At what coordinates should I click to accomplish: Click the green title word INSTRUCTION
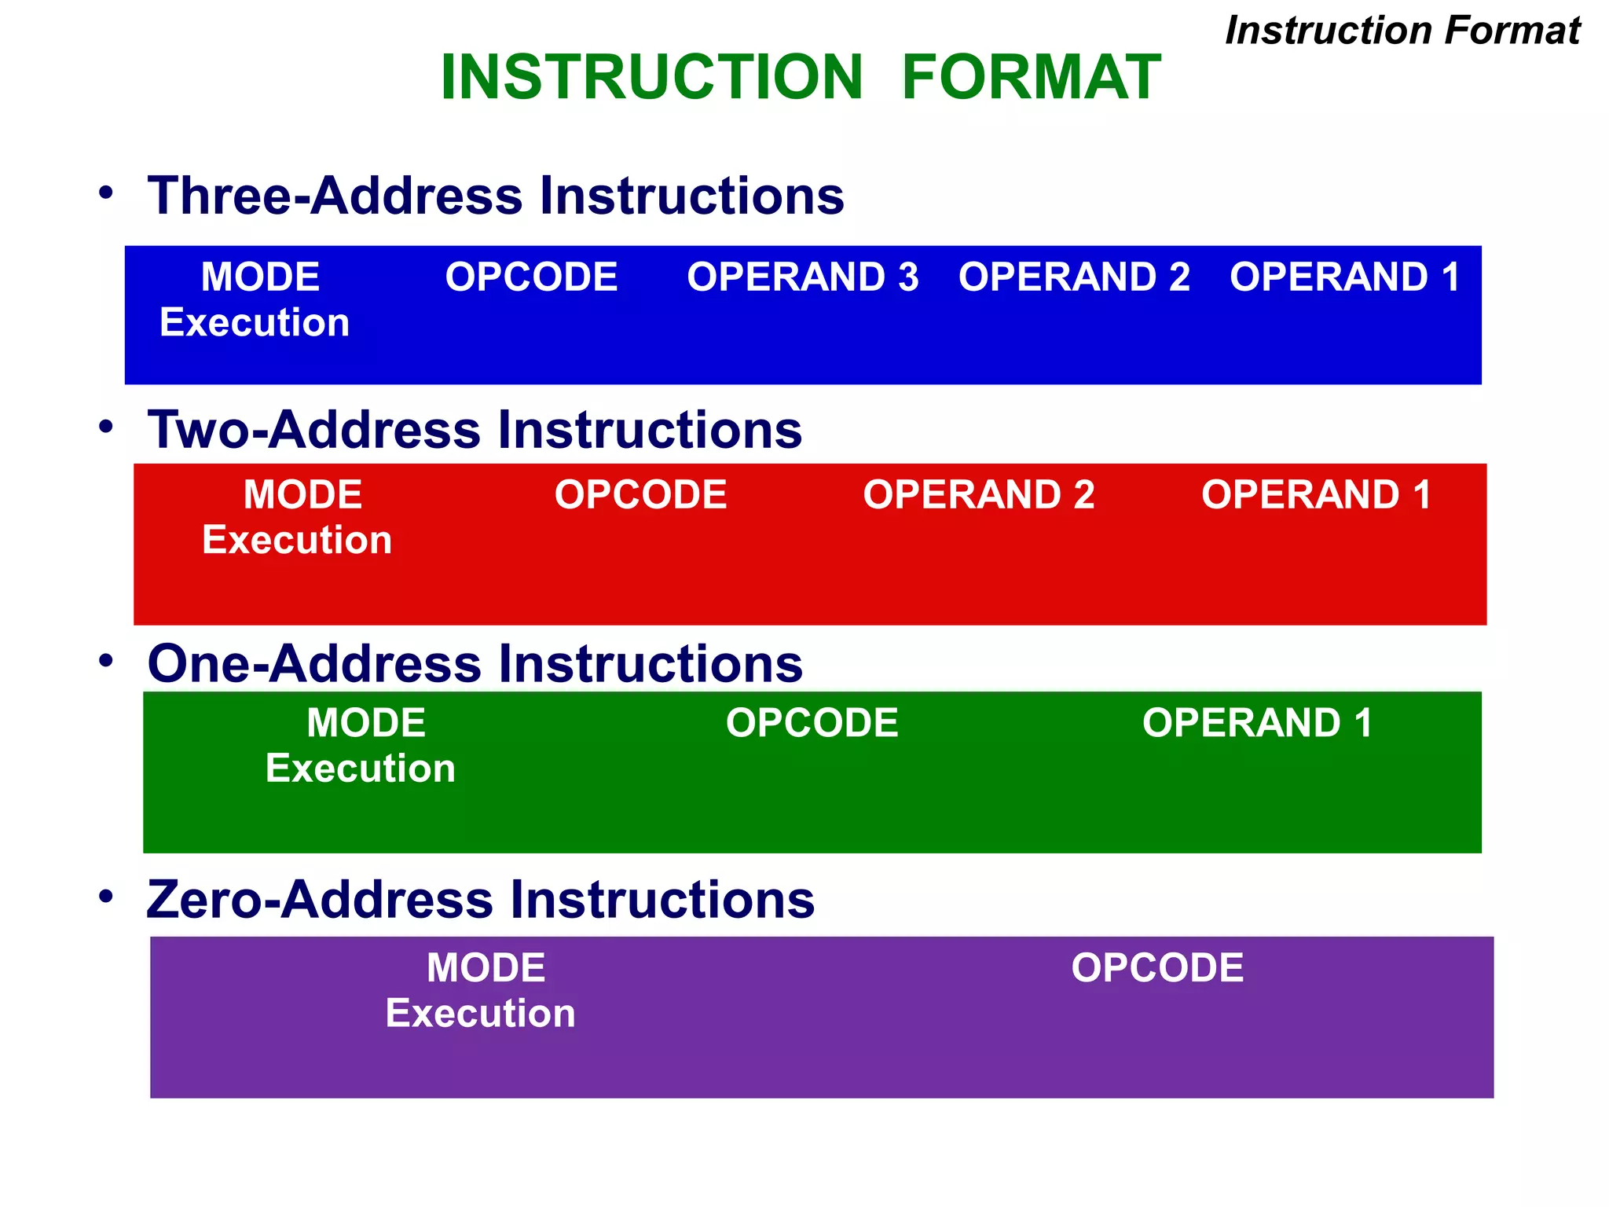click(651, 77)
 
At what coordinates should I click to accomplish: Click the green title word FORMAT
click(1031, 77)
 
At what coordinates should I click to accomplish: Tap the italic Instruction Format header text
click(1402, 31)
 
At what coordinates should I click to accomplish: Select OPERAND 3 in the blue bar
click(802, 277)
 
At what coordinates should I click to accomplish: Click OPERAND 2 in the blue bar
click(1074, 277)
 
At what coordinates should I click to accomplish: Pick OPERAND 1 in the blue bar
click(1344, 277)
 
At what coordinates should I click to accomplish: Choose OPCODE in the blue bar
click(531, 277)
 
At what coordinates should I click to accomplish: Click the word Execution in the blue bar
click(255, 323)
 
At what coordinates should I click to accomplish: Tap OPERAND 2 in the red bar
click(978, 495)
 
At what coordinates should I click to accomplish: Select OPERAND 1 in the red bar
click(1316, 495)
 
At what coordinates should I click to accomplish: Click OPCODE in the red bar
click(640, 495)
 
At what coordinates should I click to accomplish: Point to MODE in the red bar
click(302, 495)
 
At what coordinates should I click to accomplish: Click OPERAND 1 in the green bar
click(1257, 723)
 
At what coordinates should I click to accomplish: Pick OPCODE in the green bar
click(812, 723)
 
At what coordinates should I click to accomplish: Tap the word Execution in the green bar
click(361, 769)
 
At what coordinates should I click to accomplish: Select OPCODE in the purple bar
click(1157, 968)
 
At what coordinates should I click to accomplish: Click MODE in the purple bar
click(486, 968)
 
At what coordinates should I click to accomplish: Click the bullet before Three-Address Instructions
click(106, 193)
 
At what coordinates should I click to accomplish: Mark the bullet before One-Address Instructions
click(106, 661)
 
